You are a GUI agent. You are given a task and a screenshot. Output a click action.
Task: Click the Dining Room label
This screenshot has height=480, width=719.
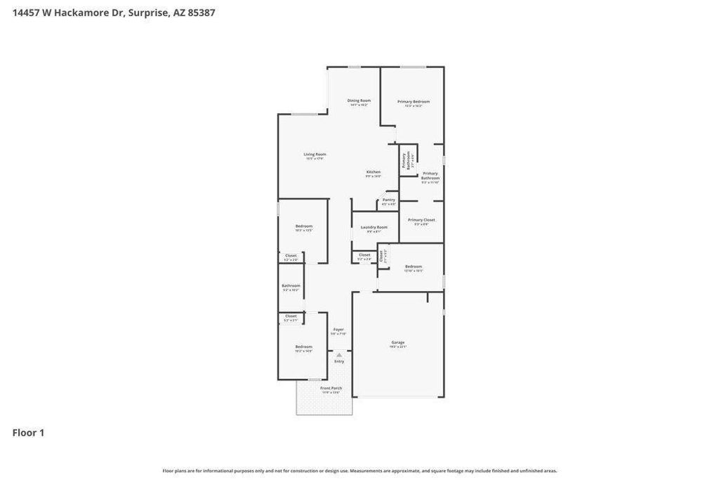point(359,100)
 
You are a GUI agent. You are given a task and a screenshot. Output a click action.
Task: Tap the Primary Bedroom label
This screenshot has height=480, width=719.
point(414,102)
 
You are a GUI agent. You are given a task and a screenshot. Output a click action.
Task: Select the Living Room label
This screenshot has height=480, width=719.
point(315,155)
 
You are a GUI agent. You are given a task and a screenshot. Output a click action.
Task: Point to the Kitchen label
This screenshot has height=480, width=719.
point(374,172)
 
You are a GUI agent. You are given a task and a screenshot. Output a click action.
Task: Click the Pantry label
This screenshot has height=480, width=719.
point(388,200)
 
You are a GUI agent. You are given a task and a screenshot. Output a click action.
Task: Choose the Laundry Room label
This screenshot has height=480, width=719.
point(374,227)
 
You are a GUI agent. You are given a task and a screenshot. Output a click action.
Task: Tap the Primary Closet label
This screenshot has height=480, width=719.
point(421,220)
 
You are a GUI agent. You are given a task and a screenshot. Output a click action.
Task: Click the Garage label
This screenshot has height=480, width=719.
point(398,342)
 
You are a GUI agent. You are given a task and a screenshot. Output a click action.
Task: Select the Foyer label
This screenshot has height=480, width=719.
point(338,330)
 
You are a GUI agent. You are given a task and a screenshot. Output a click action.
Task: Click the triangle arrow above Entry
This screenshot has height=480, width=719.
point(339,355)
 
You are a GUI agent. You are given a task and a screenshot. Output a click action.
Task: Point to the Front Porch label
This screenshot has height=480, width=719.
point(331,388)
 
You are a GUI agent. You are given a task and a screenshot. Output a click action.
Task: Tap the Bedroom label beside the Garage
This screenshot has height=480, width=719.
point(414,266)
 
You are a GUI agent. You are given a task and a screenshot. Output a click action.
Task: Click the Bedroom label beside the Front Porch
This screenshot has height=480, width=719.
point(303,346)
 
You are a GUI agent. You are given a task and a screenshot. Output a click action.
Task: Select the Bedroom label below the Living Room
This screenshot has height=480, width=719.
point(303,226)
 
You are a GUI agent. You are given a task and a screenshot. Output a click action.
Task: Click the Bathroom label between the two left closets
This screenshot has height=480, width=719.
point(291,285)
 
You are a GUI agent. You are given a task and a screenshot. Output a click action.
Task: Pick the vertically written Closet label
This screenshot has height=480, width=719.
point(382,257)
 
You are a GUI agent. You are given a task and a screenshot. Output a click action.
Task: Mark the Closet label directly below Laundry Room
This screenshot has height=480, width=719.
point(364,255)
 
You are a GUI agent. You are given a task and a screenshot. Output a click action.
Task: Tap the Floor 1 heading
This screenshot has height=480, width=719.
point(28,433)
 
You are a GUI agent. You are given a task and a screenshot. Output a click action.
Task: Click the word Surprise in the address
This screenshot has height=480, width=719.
point(149,13)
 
